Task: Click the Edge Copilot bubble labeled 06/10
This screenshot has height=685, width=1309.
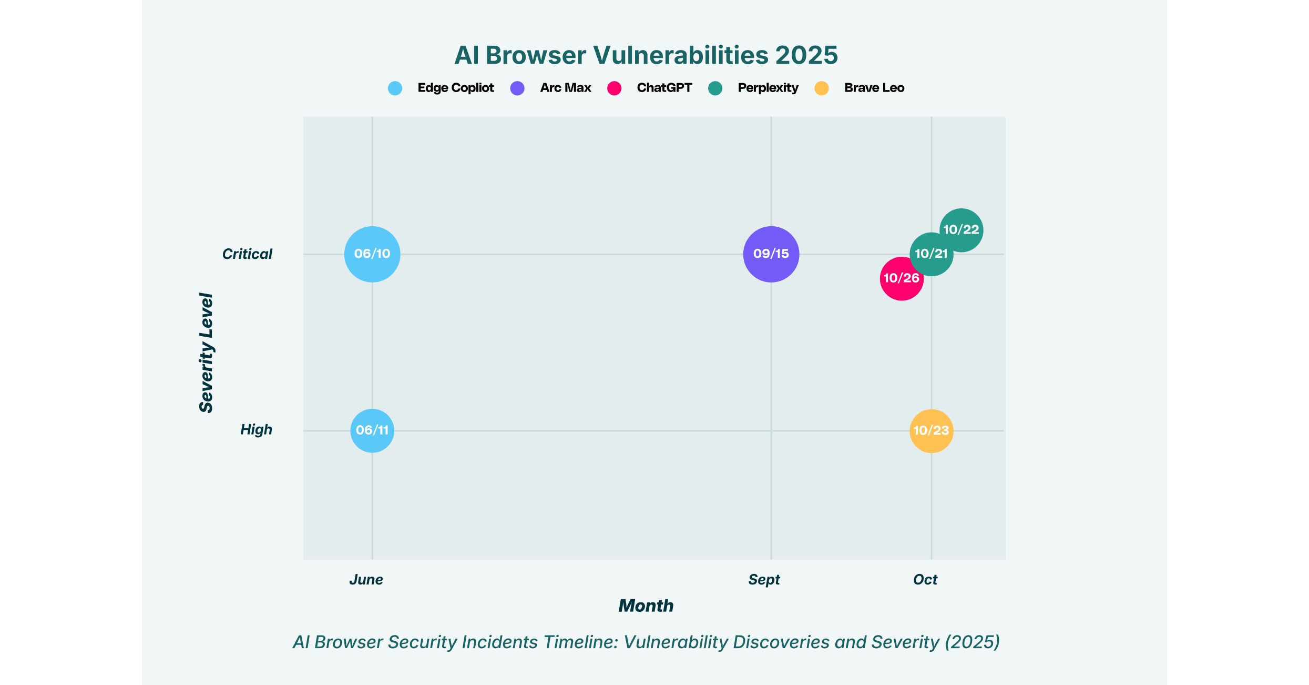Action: tap(372, 254)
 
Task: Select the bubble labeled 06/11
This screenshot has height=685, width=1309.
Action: tap(372, 430)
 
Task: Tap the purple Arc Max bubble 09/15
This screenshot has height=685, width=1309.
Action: tap(771, 254)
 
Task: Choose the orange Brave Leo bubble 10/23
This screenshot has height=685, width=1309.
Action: tap(931, 431)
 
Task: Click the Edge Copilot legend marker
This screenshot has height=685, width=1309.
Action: tap(395, 88)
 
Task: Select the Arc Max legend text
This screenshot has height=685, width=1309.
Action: tap(566, 88)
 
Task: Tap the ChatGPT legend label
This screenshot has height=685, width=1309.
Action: tap(664, 88)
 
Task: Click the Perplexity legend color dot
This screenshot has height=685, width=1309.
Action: tap(715, 88)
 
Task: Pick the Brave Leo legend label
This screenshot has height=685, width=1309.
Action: tap(874, 88)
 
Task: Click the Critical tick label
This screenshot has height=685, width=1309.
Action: tap(247, 254)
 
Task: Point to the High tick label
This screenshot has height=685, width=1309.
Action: tap(256, 430)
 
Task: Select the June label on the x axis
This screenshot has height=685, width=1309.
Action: tap(366, 580)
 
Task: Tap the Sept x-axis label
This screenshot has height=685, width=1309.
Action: tap(764, 580)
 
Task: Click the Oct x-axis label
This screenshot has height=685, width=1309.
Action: tap(925, 580)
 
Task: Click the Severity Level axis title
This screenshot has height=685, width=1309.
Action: tap(206, 353)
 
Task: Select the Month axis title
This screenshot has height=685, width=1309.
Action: tap(646, 606)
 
